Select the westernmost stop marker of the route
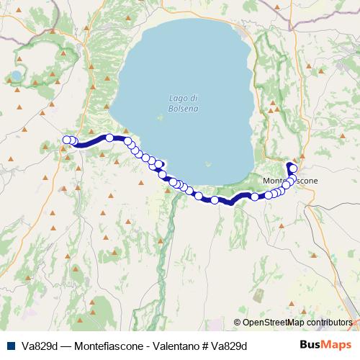pos(67,140)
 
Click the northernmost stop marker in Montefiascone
pos(293,168)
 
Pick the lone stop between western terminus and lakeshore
pos(109,138)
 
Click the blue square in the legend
pos(8,345)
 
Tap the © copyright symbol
pos(237,323)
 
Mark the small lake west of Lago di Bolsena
pos(15,75)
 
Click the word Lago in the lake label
pos(178,98)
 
